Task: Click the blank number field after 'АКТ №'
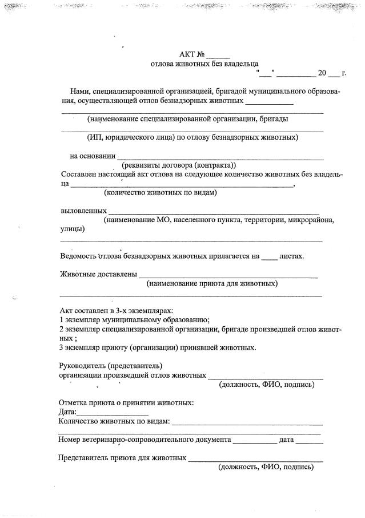218,56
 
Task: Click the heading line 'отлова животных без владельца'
204,64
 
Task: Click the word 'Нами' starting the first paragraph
79,92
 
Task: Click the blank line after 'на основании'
220,156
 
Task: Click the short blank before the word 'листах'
269,257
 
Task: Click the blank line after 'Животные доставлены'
228,275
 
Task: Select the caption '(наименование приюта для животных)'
212,284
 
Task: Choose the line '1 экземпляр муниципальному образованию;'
135,321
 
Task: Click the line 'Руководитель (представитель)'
111,366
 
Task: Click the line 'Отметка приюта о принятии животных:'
126,403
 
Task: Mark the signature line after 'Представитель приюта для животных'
255,459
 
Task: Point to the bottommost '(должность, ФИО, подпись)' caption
266,468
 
